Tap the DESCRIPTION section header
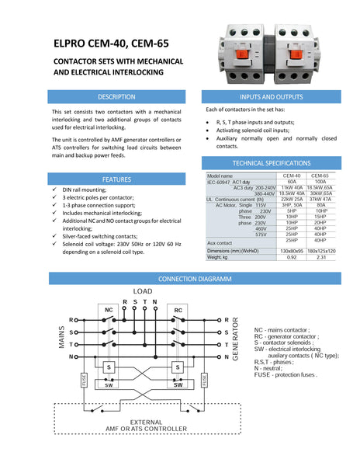coord(116,97)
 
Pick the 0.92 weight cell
coord(292,256)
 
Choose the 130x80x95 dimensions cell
coord(292,250)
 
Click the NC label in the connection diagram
coord(109,310)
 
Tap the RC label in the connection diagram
coord(178,310)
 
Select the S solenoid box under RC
coord(178,367)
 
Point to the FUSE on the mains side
coord(84,380)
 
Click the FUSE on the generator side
coord(204,380)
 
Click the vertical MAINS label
coord(59,338)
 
